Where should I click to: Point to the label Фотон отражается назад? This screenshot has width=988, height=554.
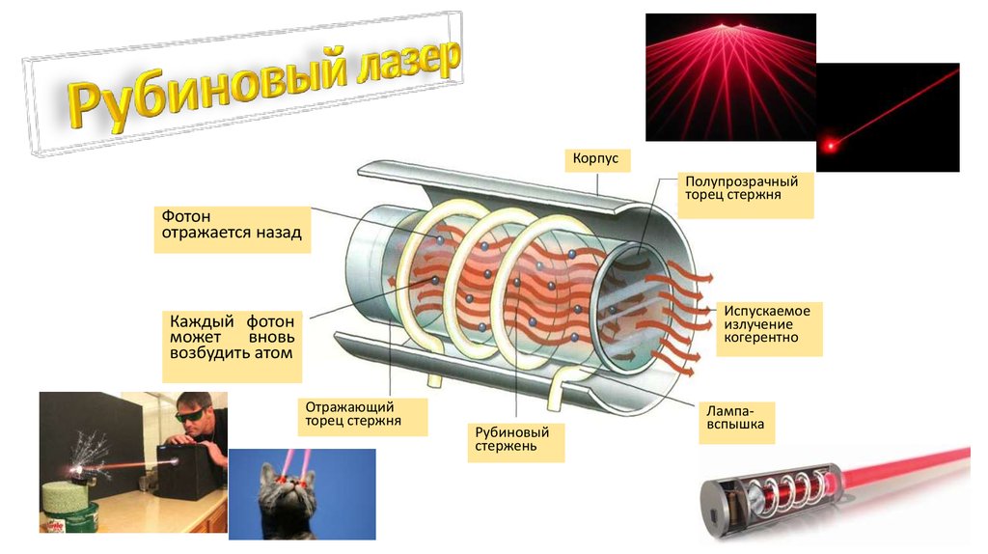click(x=232, y=225)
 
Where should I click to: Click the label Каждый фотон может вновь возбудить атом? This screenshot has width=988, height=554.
click(x=233, y=335)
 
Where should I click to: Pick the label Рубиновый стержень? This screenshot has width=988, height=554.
click(x=517, y=439)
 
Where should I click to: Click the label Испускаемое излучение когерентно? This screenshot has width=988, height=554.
click(x=768, y=324)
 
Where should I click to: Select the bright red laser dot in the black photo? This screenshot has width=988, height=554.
click(x=829, y=146)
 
